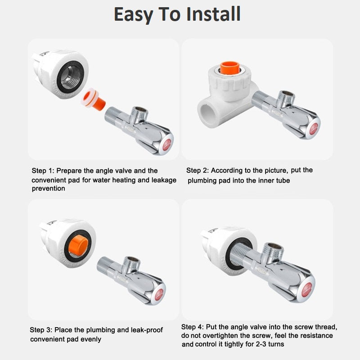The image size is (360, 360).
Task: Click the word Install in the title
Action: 213,14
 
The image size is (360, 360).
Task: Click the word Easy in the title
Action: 134,15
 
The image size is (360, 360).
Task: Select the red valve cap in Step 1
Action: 167,144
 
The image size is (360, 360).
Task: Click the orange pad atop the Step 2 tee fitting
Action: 230,68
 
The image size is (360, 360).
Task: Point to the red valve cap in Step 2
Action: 314,129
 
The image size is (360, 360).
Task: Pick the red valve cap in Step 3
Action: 159,295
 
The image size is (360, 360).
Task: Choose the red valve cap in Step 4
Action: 307,289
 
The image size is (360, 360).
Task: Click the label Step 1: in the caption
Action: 43,171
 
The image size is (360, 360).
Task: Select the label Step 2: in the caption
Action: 198,171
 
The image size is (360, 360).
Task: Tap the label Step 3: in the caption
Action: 41,330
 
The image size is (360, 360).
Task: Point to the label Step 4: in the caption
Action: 193,327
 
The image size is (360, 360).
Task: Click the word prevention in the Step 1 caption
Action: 49,189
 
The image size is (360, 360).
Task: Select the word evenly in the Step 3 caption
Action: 91,339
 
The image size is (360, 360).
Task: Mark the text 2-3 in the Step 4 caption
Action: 262,344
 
